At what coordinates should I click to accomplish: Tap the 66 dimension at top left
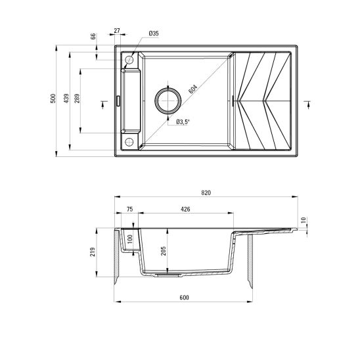(x=93, y=36)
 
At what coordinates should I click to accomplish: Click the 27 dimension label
(x=117, y=30)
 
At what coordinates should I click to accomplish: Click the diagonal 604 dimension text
(x=192, y=88)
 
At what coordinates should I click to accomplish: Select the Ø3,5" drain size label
(x=183, y=122)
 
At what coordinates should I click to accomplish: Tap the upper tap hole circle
(x=129, y=60)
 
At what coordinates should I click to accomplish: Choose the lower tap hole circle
(x=129, y=142)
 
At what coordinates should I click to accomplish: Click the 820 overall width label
(x=206, y=192)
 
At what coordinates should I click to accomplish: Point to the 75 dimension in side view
(x=129, y=209)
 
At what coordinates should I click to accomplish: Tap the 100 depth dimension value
(x=130, y=239)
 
